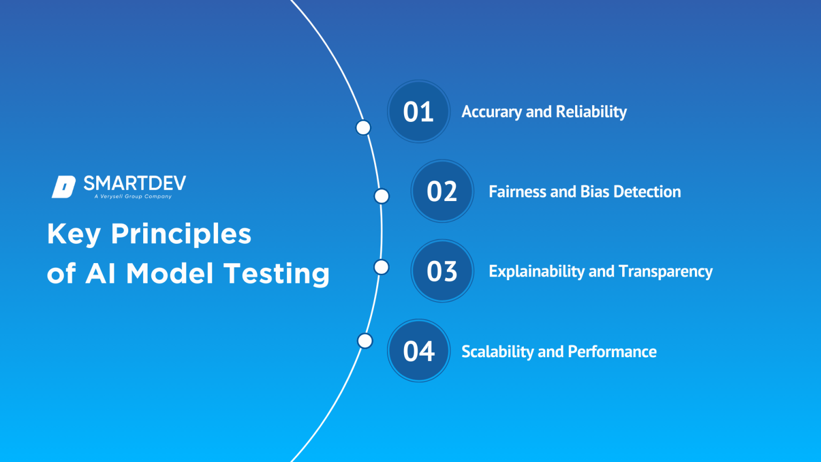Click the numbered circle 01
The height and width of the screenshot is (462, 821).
419,111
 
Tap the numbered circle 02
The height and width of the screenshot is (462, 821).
442,191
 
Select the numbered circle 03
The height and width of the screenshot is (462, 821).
442,271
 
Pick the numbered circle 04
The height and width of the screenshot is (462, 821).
419,351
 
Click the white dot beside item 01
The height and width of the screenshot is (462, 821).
363,127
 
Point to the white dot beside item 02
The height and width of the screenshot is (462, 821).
382,196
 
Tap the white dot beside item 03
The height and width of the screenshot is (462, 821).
382,267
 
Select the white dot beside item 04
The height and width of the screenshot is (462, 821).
365,341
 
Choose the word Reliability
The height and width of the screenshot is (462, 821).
591,112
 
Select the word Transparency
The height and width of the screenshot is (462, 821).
665,272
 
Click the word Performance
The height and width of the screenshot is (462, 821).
612,352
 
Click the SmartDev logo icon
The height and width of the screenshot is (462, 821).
64,187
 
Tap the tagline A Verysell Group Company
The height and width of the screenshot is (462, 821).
133,197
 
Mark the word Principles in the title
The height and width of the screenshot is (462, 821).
181,235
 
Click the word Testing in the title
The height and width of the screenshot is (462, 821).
276,274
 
